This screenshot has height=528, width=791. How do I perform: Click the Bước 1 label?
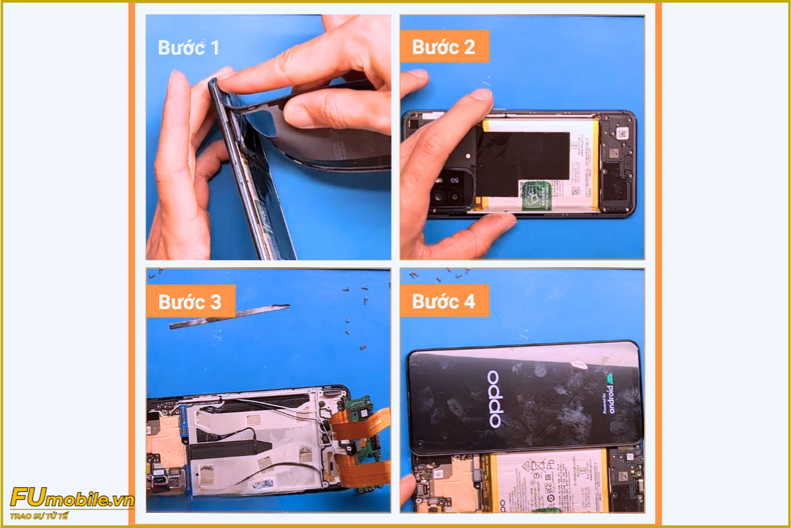point(189,48)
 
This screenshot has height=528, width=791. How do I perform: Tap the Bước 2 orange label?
point(443,47)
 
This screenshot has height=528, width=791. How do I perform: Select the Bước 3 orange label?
point(190,302)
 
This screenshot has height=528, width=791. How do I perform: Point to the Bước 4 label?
point(443,302)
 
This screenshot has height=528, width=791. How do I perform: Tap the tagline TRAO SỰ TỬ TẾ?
point(39,515)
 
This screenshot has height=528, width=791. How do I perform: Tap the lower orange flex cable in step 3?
point(363,471)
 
